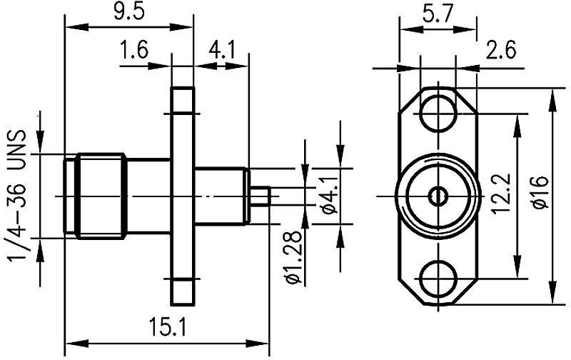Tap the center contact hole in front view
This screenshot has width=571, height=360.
click(x=438, y=195)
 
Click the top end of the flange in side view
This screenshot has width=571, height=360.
click(x=182, y=93)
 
